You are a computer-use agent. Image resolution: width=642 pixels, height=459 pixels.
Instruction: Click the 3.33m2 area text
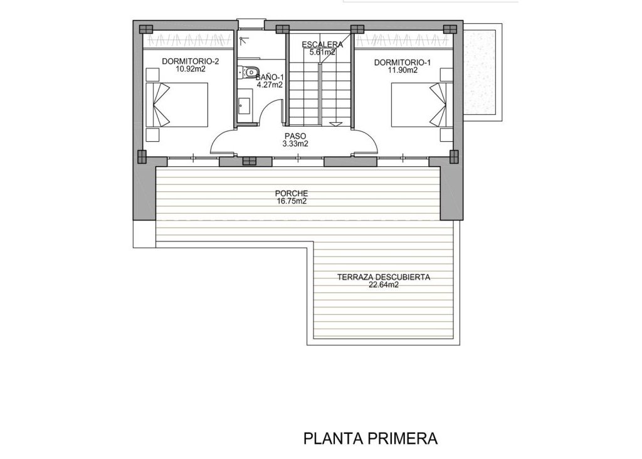click(295, 144)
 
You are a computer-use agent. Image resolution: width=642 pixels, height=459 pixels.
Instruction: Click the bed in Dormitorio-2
click(177, 105)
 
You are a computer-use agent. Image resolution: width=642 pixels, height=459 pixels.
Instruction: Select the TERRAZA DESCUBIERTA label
click(384, 277)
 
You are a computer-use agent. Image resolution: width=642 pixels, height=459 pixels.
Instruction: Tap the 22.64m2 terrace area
click(384, 285)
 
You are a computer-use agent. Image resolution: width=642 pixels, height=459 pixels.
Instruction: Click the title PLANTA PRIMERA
click(370, 438)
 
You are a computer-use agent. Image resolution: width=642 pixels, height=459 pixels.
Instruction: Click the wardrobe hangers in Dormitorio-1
click(404, 41)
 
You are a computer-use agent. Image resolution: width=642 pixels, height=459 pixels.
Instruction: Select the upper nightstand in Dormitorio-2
click(152, 75)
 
